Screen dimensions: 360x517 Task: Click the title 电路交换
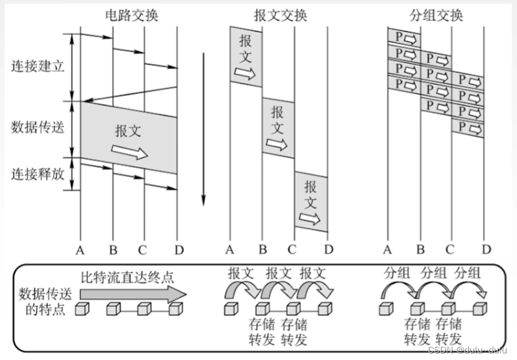tap(131, 14)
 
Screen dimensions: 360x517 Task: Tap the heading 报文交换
tap(280, 14)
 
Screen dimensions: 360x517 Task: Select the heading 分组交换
tap(437, 14)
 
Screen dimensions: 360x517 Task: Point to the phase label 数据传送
tap(38, 128)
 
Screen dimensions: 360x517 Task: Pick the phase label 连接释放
tap(38, 174)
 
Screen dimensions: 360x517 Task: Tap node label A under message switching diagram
tap(230, 249)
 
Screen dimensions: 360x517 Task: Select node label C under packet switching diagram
tap(450, 249)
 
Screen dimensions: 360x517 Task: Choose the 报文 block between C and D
tap(310, 200)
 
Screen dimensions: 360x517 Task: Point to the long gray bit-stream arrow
tap(132, 294)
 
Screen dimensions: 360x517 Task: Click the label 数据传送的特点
tap(43, 301)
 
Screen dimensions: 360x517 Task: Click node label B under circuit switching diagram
tap(113, 249)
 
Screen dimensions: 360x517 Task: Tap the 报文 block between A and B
tap(246, 56)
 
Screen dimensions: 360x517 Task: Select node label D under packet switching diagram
tap(485, 249)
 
